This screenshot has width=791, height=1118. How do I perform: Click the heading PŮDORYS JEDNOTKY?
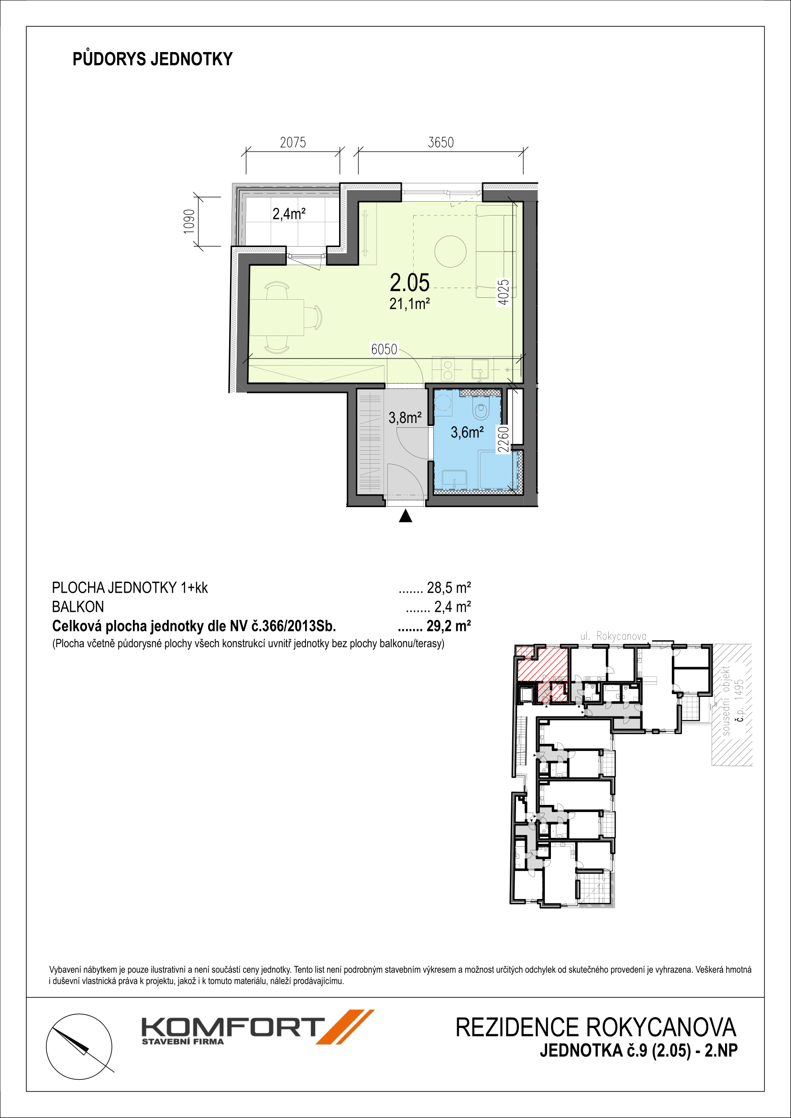tap(153, 59)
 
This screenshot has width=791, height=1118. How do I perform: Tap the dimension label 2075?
tap(293, 142)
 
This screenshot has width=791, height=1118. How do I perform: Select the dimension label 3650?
tap(440, 142)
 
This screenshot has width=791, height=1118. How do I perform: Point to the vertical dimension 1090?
tap(189, 222)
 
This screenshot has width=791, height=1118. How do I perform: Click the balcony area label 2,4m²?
tap(289, 214)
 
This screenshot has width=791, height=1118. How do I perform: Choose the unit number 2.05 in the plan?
tap(410, 282)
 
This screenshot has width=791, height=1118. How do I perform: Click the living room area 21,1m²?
tap(410, 304)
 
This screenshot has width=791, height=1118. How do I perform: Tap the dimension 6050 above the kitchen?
tap(384, 349)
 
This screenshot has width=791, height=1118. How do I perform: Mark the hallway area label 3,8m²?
tap(405, 418)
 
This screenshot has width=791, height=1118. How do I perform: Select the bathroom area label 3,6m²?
tap(467, 433)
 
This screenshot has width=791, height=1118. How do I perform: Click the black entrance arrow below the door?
tap(405, 516)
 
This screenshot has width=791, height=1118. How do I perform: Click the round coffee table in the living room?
tap(450, 251)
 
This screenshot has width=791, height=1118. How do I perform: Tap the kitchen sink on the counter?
tap(480, 370)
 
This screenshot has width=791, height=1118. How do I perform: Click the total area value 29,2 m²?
tap(449, 626)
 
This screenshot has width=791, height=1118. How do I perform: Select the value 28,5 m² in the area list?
tap(449, 588)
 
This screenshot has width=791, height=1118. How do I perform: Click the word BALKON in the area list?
tap(78, 607)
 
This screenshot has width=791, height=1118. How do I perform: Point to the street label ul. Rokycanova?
tap(613, 636)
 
